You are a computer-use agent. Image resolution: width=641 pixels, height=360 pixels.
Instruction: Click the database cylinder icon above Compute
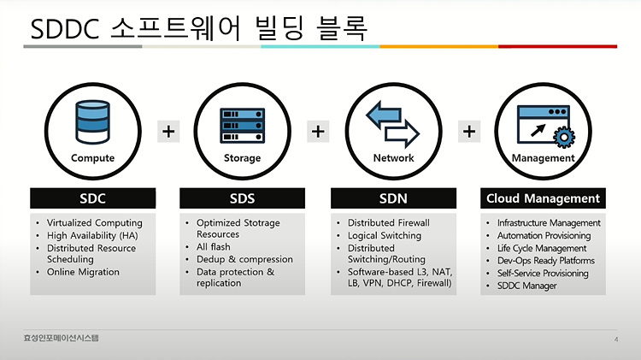93,122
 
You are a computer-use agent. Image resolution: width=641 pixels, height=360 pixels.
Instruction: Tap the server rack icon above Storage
243,125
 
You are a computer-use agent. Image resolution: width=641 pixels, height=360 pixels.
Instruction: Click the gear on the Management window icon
564,137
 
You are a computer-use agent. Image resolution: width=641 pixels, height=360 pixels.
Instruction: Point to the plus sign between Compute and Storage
168,132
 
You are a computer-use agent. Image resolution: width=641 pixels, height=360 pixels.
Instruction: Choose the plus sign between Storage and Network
318,132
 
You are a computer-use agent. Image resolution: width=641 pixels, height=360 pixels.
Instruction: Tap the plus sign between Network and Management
469,132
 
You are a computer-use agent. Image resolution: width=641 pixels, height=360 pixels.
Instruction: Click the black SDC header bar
93,198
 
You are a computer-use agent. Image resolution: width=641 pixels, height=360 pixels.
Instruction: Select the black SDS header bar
243,198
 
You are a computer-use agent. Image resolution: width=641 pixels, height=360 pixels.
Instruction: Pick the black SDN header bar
393,198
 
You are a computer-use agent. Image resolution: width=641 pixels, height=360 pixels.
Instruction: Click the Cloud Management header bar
543,198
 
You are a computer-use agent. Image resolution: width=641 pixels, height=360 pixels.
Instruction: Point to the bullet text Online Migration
83,272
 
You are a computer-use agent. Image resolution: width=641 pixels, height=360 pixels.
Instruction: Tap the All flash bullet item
214,246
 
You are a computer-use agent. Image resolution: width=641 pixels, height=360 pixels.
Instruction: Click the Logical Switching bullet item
385,236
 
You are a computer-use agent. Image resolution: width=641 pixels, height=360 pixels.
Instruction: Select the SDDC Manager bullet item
527,286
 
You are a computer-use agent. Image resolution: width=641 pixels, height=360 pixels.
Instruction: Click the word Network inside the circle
394,158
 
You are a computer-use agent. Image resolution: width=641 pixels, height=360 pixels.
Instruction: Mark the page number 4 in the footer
616,339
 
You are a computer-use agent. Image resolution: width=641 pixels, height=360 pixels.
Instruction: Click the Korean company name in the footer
62,338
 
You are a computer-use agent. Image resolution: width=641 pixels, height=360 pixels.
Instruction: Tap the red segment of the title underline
557,47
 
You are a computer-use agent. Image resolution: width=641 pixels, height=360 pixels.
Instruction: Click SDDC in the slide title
65,29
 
